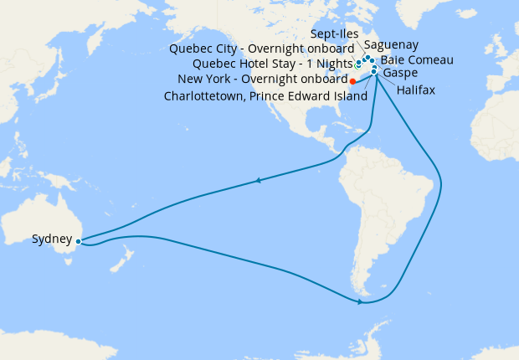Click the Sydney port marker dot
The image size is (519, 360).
click(78, 240)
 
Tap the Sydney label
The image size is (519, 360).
click(52, 239)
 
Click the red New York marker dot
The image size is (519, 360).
click(352, 81)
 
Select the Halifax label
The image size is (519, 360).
click(416, 90)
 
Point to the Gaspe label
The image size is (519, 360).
click(401, 74)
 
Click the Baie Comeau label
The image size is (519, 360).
click(417, 60)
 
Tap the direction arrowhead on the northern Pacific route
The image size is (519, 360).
click(259, 180)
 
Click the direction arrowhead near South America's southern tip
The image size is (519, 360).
click(360, 301)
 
